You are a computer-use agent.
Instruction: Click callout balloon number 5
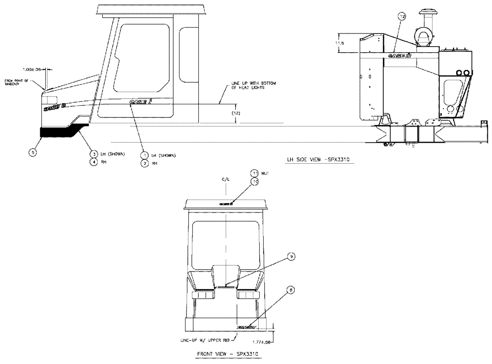tap(32, 152)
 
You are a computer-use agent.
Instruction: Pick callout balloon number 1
tap(145, 155)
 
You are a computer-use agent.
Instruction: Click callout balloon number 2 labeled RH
tap(145, 163)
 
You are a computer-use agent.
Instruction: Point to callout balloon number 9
tap(291, 256)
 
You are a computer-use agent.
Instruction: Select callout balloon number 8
tap(291, 291)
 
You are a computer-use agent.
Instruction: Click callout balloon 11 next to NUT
tap(254, 173)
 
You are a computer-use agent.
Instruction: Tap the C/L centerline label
tap(225, 180)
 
